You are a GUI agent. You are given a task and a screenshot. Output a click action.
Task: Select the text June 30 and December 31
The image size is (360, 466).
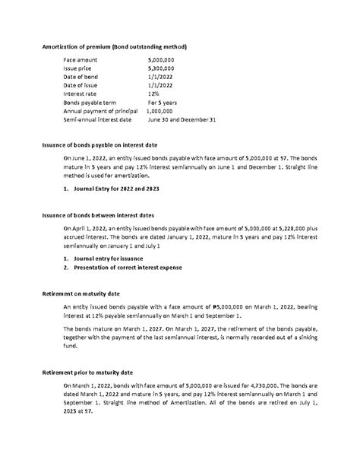coord(182,119)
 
